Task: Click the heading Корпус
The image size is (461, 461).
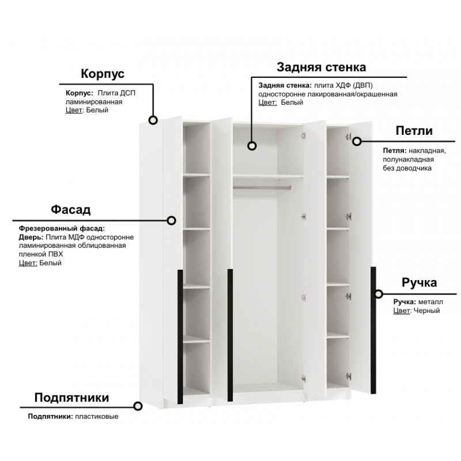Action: pos(103,74)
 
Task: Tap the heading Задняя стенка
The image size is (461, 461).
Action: pos(322,67)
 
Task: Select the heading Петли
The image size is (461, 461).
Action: pos(414,131)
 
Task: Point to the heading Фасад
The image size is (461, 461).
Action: pos(70,209)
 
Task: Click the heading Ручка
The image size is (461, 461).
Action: pos(420,282)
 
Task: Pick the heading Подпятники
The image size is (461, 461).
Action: pos(71,398)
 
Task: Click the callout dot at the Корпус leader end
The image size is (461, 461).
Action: pos(153,120)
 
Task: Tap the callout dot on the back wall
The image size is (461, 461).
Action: pos(252,146)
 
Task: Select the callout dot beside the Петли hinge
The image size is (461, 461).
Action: pos(357,141)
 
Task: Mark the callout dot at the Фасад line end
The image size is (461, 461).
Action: pos(171,221)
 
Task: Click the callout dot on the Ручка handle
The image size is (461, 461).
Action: pos(379,294)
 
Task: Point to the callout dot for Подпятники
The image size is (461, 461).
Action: pos(138,406)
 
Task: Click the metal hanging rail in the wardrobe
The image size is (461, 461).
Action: pos(262,187)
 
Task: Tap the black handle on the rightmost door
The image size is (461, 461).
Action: pos(373,330)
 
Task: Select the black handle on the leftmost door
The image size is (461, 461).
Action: pos(180,337)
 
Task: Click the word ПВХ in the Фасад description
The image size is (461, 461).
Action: pos(55,254)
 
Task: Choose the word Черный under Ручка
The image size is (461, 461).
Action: pos(426,311)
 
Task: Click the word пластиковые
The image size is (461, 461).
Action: pos(97,416)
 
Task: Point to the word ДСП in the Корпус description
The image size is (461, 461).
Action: pos(128,93)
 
